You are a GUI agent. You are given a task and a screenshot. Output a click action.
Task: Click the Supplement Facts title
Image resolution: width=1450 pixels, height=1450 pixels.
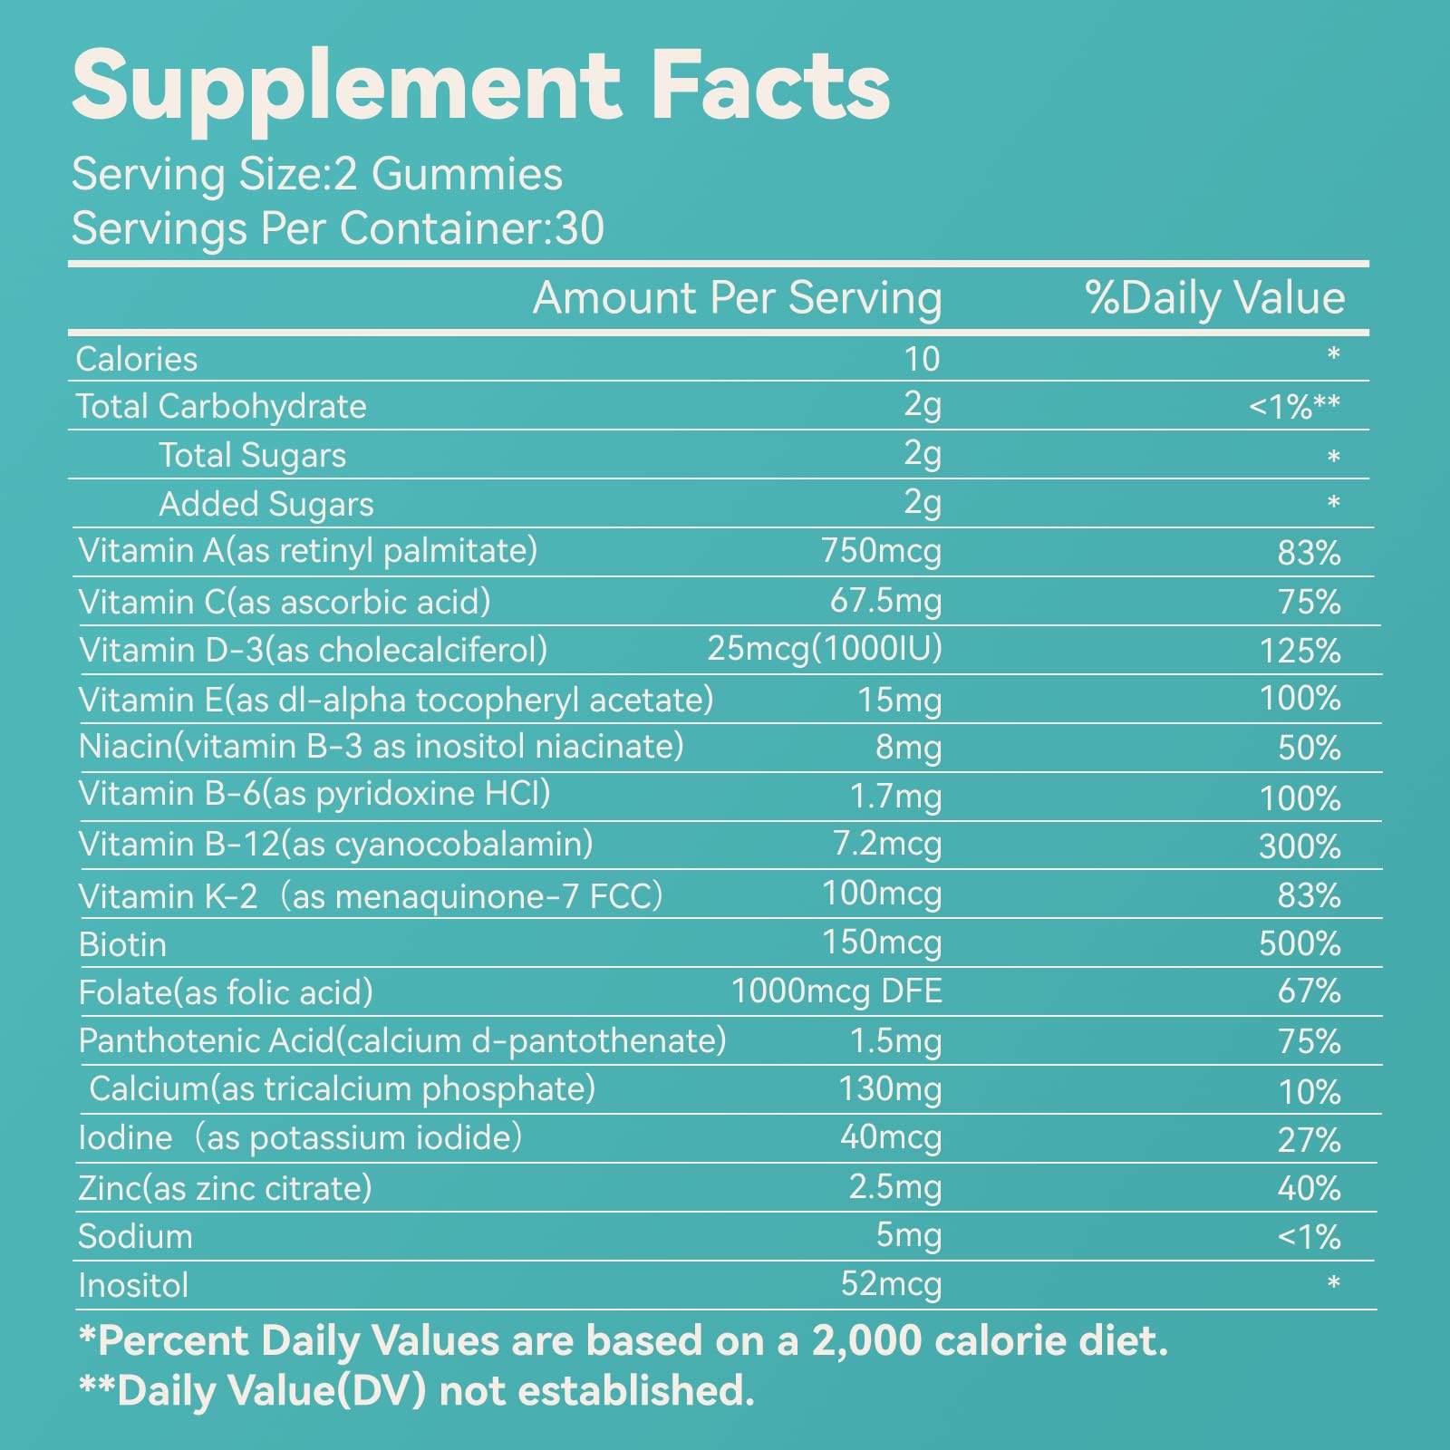coord(480,86)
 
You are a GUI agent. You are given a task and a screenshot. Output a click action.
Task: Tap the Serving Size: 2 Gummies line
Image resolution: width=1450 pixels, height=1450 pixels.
coord(317,174)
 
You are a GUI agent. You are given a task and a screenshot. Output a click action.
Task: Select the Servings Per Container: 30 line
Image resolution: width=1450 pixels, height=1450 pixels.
coord(337,228)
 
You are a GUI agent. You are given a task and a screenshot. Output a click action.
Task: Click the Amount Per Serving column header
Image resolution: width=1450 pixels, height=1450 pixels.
coord(737,298)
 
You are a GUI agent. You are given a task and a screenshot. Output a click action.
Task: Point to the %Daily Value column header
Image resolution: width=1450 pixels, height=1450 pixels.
coord(1214,298)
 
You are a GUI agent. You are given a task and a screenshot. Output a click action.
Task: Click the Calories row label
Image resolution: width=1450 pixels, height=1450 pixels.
coord(137,360)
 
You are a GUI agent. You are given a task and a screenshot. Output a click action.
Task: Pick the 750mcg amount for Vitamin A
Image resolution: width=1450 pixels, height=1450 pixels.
coord(881,551)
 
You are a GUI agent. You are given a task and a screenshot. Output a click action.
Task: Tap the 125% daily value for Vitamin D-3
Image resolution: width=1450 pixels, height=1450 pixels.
coord(1300,651)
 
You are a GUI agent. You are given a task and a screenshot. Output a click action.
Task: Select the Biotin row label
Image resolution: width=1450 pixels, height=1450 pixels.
coord(122,945)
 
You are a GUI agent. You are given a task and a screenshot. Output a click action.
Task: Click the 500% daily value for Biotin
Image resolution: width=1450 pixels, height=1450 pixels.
coord(1300,944)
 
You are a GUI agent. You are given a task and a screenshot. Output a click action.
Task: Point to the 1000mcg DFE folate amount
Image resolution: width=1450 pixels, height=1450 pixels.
coord(836,991)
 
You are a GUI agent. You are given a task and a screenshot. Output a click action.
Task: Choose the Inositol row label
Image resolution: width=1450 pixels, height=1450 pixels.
coord(133,1285)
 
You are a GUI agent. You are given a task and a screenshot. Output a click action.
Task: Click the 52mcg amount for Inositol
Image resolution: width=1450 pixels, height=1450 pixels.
coord(891,1284)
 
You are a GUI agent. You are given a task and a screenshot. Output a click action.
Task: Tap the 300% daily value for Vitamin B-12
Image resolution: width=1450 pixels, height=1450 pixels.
coord(1300,846)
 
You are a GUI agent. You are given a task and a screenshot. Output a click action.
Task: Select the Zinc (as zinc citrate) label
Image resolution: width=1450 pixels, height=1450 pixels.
coord(225,1188)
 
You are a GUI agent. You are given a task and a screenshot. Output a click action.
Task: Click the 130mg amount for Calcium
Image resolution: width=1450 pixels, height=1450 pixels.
coord(890,1088)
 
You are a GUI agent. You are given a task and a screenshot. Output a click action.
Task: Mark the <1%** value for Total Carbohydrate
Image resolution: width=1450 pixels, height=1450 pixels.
coord(1294,408)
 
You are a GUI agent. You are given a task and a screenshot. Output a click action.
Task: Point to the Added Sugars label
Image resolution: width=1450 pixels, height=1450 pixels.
coord(266,505)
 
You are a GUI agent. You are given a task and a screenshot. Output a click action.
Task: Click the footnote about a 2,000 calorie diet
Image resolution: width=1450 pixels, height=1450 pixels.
coord(623,1341)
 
